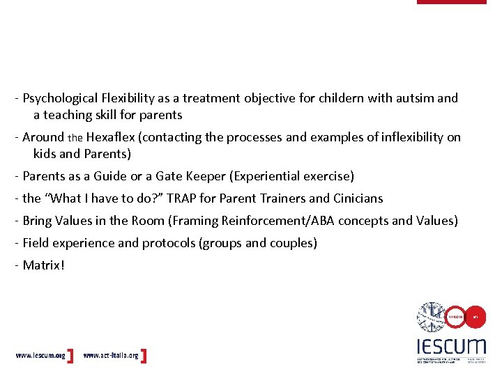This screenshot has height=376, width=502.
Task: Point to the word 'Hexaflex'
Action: tap(110, 137)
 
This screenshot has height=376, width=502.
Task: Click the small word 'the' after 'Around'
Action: tap(75, 138)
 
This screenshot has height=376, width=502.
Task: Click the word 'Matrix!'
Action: tap(43, 265)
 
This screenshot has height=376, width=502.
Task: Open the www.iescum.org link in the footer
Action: tap(40, 356)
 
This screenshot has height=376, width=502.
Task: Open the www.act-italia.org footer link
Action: tap(111, 356)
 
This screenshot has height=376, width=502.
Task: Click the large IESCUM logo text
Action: tap(451, 346)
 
